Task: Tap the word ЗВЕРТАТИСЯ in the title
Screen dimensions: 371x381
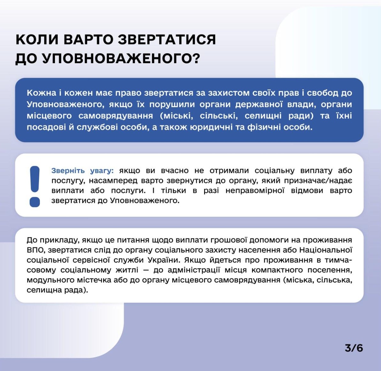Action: pos(167,40)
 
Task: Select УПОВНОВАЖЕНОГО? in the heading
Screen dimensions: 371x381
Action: pos(121,59)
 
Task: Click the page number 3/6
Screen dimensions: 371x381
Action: pos(354,348)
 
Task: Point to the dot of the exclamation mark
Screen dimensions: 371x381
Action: pos(35,202)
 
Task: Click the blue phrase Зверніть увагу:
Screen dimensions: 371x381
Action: pos(82,171)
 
